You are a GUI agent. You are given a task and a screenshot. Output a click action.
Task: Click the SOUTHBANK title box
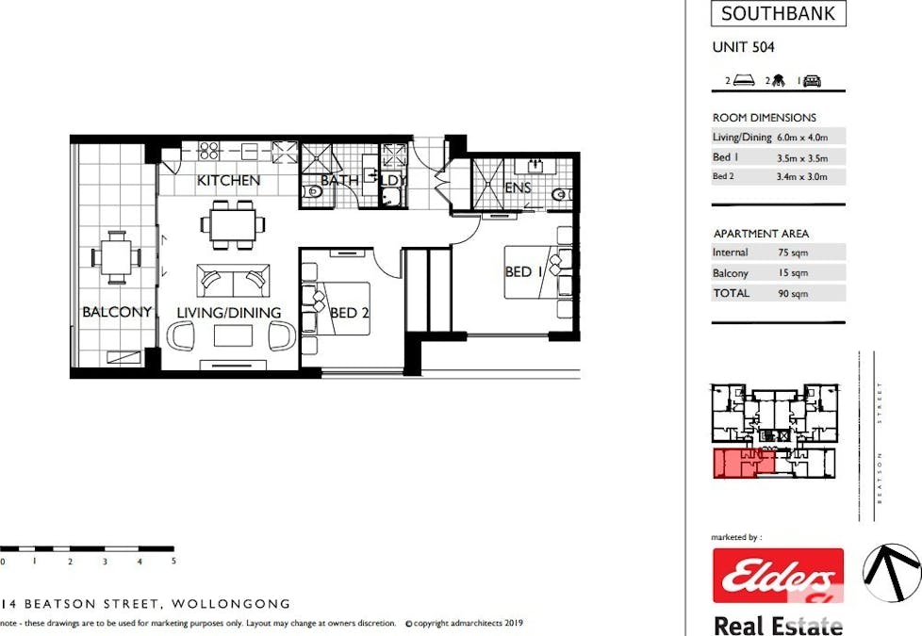[778, 13]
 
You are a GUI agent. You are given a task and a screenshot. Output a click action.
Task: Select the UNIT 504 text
[743, 47]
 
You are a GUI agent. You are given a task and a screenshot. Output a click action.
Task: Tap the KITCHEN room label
[228, 181]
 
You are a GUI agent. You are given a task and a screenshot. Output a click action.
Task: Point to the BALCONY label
[117, 312]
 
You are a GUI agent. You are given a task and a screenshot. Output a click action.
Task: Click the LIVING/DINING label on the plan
[229, 312]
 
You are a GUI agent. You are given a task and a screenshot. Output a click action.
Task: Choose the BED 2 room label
[349, 313]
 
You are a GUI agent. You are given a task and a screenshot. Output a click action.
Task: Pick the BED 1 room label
[523, 271]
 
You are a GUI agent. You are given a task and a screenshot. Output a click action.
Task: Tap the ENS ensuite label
[518, 188]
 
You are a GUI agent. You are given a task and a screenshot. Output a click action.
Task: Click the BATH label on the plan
[339, 181]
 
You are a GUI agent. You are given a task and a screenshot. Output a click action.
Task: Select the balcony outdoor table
[116, 257]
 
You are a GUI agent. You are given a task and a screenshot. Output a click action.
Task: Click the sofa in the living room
[233, 281]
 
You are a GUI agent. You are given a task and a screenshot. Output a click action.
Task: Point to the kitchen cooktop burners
[208, 151]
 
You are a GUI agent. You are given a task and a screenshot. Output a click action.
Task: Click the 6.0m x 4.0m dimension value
[802, 138]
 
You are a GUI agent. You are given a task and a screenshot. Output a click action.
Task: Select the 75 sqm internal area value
[793, 253]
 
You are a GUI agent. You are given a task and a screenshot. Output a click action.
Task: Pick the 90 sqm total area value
[793, 293]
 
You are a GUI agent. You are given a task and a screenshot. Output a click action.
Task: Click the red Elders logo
[778, 576]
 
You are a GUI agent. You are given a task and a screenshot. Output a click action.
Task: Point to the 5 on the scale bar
[173, 561]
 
